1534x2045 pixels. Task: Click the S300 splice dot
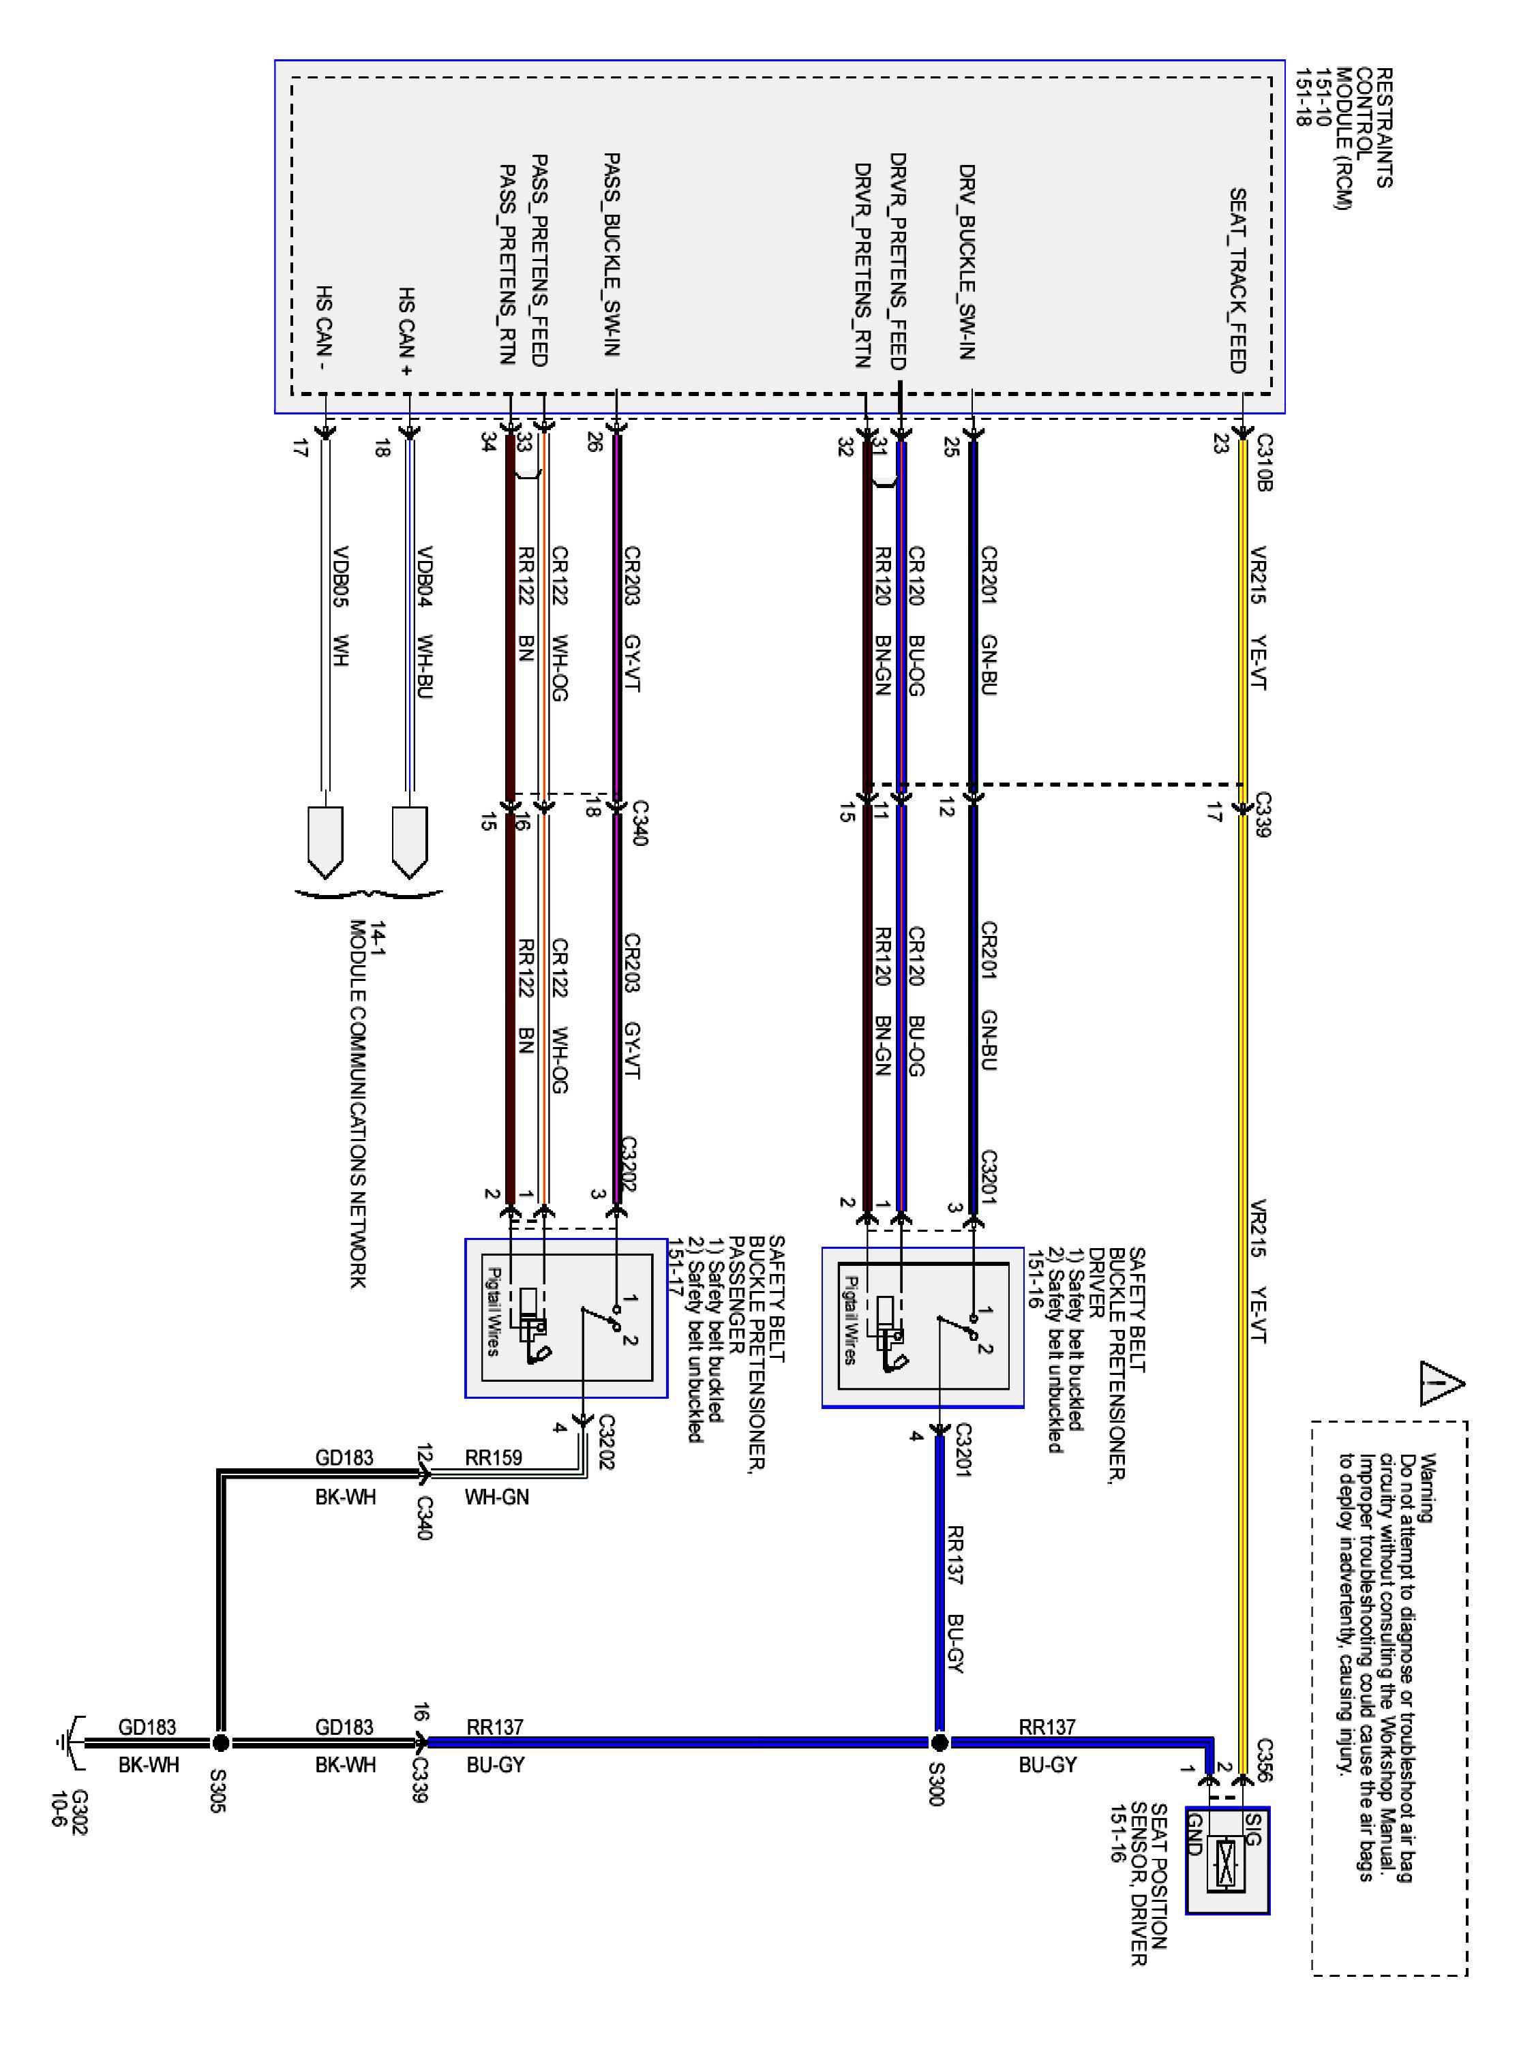pyautogui.click(x=939, y=1743)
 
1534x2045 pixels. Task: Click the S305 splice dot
pyautogui.click(x=220, y=1743)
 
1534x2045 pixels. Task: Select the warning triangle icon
pyautogui.click(x=1440, y=1384)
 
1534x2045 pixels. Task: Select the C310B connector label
pyautogui.click(x=1265, y=462)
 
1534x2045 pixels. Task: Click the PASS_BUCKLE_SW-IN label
pyautogui.click(x=611, y=254)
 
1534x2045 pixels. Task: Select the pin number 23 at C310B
pyautogui.click(x=1220, y=444)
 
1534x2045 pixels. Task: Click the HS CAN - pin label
pyautogui.click(x=325, y=327)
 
